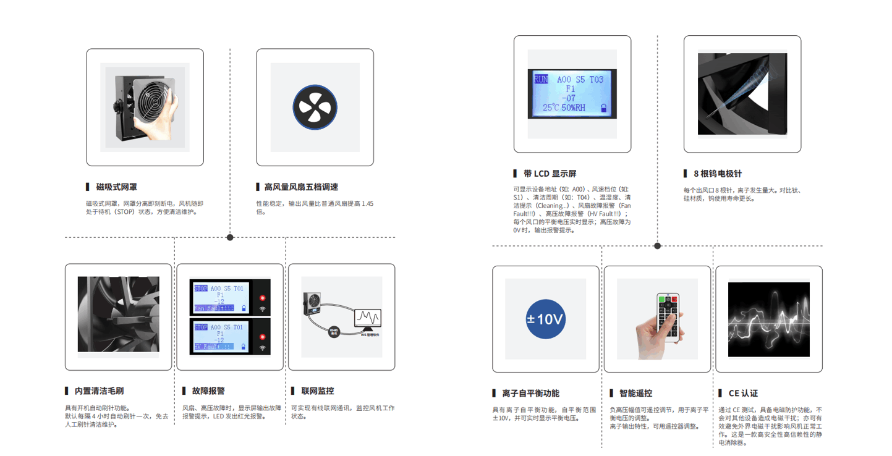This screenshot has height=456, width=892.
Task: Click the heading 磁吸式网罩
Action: coord(116,187)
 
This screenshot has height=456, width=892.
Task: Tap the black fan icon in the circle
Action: coord(315,107)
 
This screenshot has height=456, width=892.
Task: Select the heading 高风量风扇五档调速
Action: coord(301,187)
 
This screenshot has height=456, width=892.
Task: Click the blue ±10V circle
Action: coord(545,319)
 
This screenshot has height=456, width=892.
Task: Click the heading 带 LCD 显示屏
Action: coord(550,174)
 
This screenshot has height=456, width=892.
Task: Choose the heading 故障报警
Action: coord(208,391)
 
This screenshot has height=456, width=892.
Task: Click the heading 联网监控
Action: coord(318,391)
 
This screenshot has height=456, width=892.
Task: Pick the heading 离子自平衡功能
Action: coord(530,393)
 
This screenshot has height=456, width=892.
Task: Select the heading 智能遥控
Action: coord(635,393)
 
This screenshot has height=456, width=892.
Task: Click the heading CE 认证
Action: coord(742,393)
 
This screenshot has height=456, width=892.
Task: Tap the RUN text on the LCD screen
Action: coord(540,79)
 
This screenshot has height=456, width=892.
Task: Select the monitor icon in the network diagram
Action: coord(367,319)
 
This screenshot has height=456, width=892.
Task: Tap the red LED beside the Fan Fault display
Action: coord(262,298)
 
